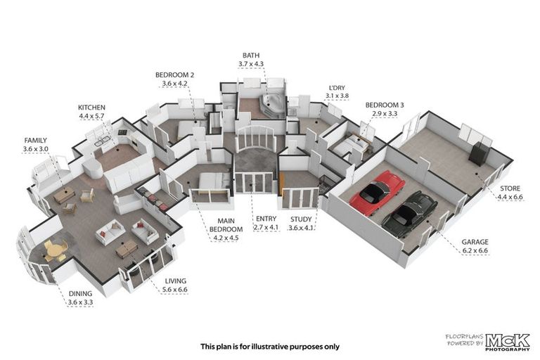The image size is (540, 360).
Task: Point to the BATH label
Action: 250,55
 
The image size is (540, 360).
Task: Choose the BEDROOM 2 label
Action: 174,75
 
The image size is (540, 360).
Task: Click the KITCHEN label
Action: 91,108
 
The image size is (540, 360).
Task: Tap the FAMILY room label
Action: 35,141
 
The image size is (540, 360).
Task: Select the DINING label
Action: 80,295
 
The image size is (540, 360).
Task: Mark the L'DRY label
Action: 335,88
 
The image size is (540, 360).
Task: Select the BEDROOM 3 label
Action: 384,105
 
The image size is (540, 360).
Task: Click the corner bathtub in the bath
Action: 271,105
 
